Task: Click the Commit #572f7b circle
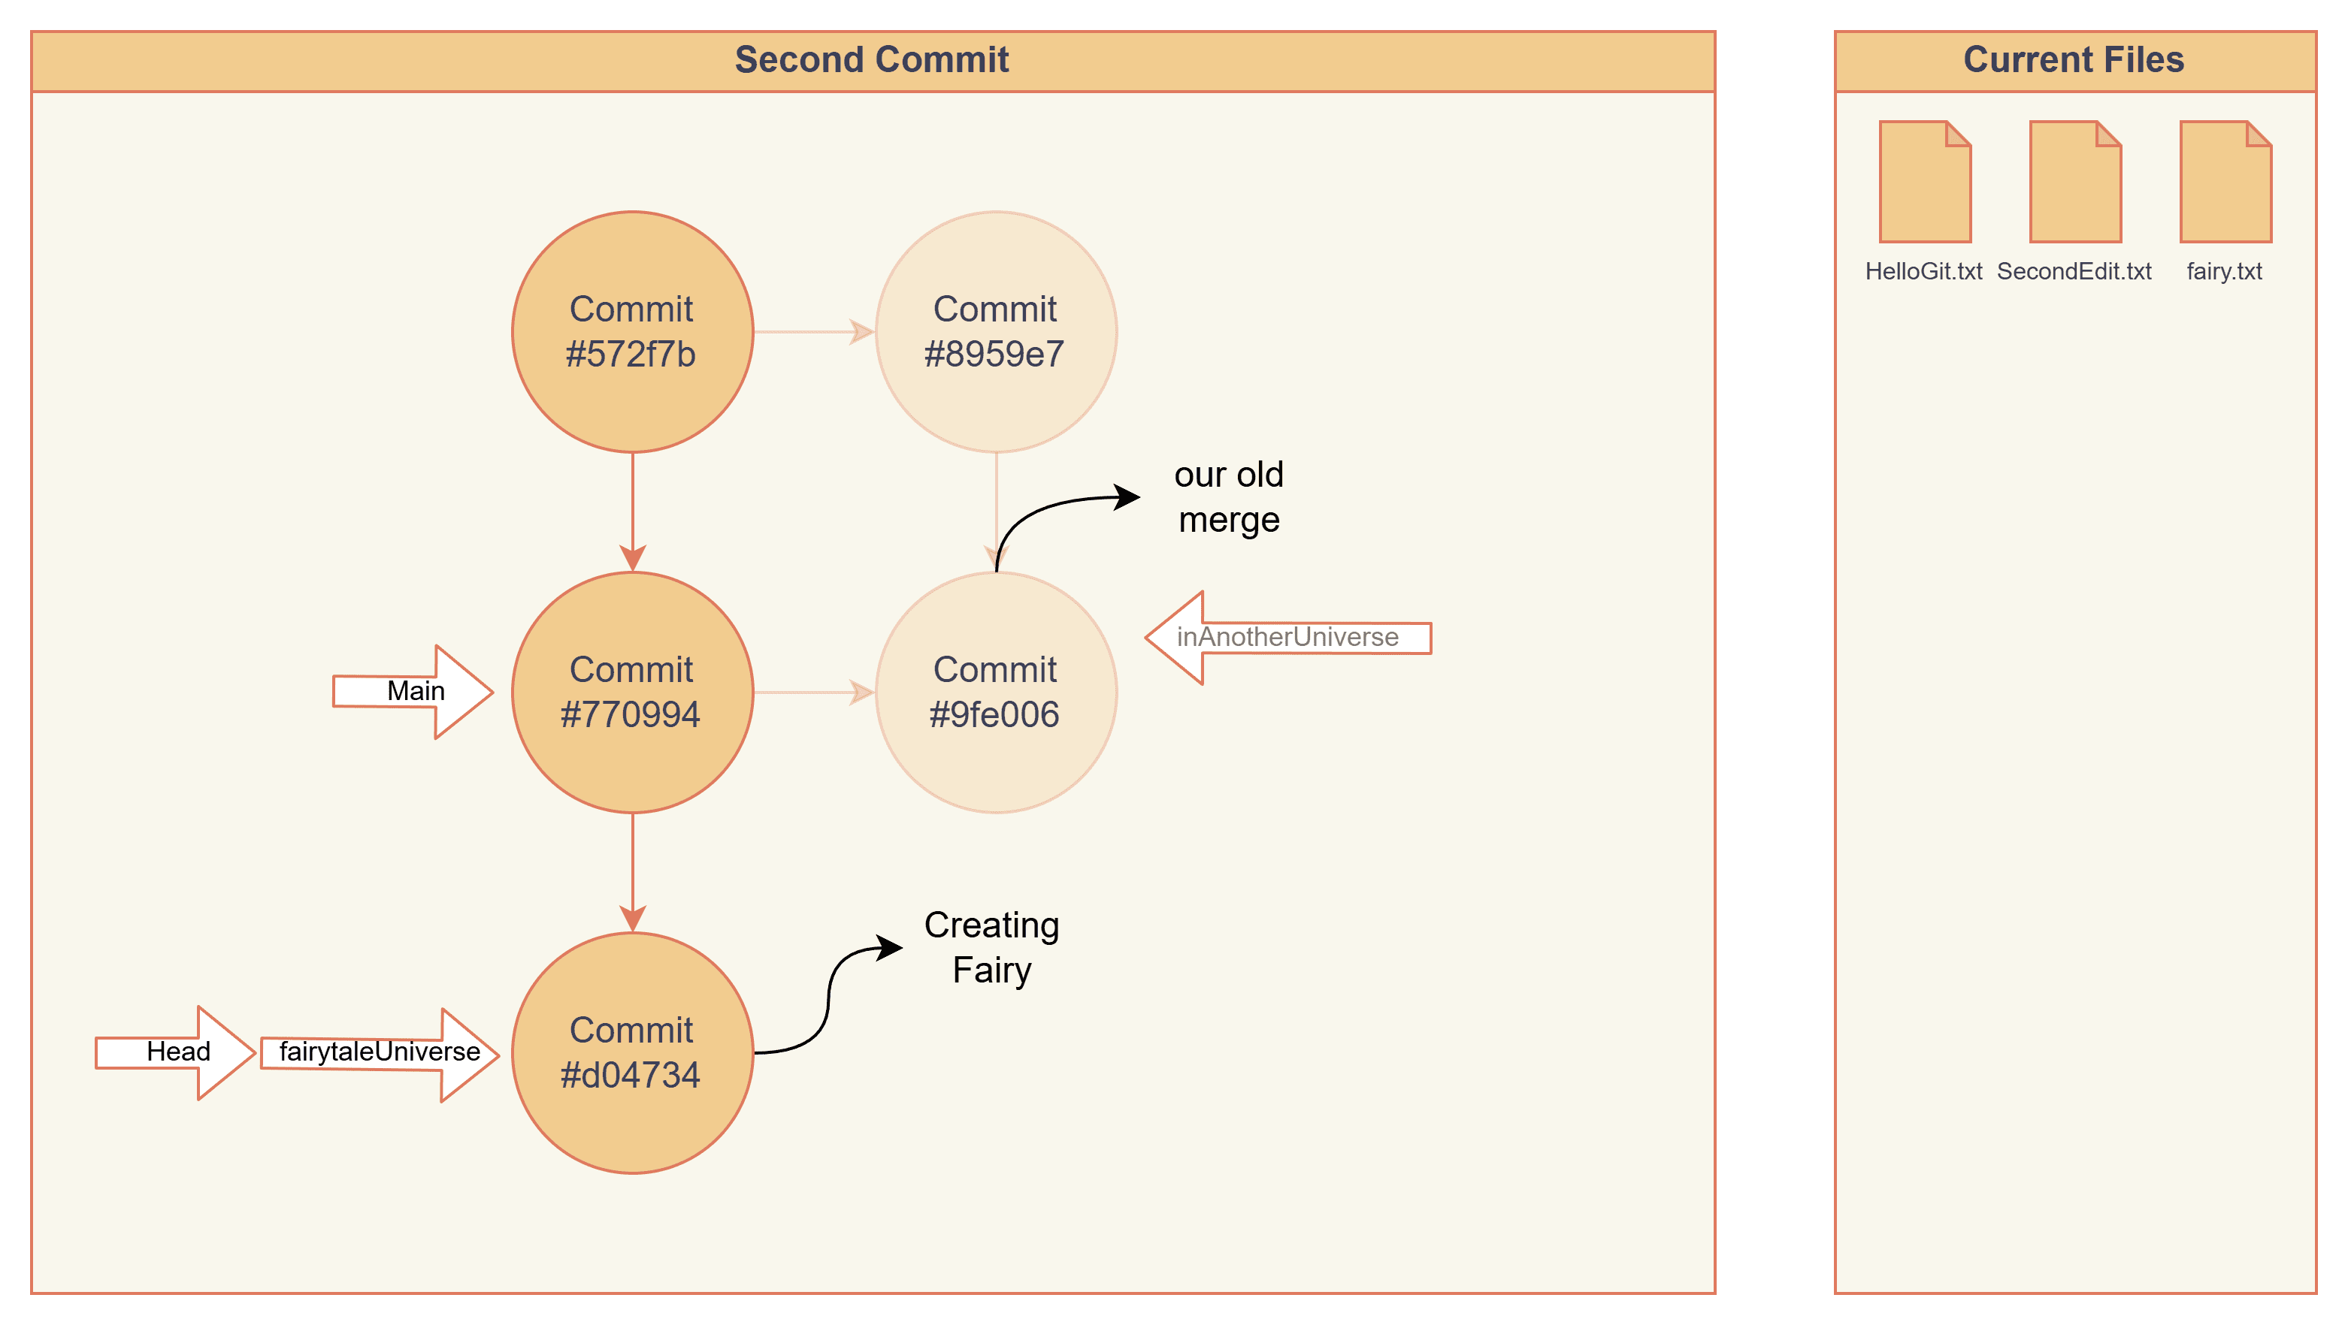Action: pyautogui.click(x=631, y=332)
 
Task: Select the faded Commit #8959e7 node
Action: pyautogui.click(x=996, y=332)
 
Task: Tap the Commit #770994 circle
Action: pyautogui.click(x=631, y=693)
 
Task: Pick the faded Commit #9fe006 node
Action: pyautogui.click(x=996, y=693)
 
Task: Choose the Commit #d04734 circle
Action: pyautogui.click(x=631, y=1052)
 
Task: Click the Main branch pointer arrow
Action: pyautogui.click(x=413, y=691)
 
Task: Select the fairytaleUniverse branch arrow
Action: pyautogui.click(x=379, y=1052)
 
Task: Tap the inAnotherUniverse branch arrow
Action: pyautogui.click(x=1287, y=638)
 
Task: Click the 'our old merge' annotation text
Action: pyautogui.click(x=1228, y=497)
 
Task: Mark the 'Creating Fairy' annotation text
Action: pyautogui.click(x=992, y=948)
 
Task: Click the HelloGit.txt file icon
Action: pyautogui.click(x=1925, y=182)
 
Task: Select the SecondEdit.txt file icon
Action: pyautogui.click(x=2074, y=182)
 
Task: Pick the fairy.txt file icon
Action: pyautogui.click(x=2225, y=182)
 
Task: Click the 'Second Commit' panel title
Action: pyautogui.click(x=872, y=60)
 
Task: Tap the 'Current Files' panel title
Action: pyautogui.click(x=2074, y=60)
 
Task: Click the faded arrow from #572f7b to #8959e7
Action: pyautogui.click(x=813, y=332)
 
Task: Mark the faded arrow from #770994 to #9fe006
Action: pyautogui.click(x=813, y=693)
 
